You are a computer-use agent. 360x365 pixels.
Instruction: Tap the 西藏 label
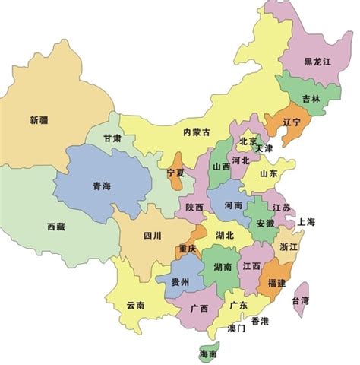pyautogui.click(x=56, y=226)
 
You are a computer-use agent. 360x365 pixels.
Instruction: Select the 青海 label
pyautogui.click(x=101, y=186)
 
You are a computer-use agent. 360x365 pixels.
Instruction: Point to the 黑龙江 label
pyautogui.click(x=317, y=62)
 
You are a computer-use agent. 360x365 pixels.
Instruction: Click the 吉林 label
pyautogui.click(x=310, y=99)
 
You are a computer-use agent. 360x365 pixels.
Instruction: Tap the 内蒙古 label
pyautogui.click(x=195, y=132)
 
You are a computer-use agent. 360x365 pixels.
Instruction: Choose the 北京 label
pyautogui.click(x=248, y=141)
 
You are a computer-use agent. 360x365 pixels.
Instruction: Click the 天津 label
pyautogui.click(x=264, y=149)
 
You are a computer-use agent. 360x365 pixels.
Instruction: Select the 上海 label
pyautogui.click(x=306, y=222)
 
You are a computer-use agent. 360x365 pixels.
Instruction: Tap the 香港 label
pyautogui.click(x=259, y=321)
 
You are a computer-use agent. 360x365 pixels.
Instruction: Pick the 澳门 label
pyautogui.click(x=236, y=329)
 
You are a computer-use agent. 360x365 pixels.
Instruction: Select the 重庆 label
pyautogui.click(x=188, y=249)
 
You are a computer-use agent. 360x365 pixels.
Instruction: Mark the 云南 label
pyautogui.click(x=135, y=305)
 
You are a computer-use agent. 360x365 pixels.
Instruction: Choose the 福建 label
pyautogui.click(x=276, y=282)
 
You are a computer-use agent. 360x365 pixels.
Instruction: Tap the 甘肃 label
pyautogui.click(x=112, y=138)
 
